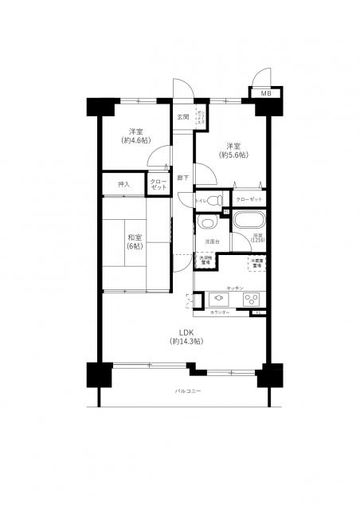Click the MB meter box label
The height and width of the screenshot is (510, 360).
tap(265, 93)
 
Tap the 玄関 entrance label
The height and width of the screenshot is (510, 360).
tap(182, 117)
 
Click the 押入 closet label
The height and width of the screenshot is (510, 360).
tap(123, 185)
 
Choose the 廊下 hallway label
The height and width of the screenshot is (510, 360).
tap(182, 177)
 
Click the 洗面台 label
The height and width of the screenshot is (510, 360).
tap(211, 241)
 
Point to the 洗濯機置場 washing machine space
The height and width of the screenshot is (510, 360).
tap(205, 260)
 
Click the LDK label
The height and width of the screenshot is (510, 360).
tap(186, 331)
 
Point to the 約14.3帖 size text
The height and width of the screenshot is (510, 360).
tap(186, 341)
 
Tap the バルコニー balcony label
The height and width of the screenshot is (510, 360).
tap(188, 391)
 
